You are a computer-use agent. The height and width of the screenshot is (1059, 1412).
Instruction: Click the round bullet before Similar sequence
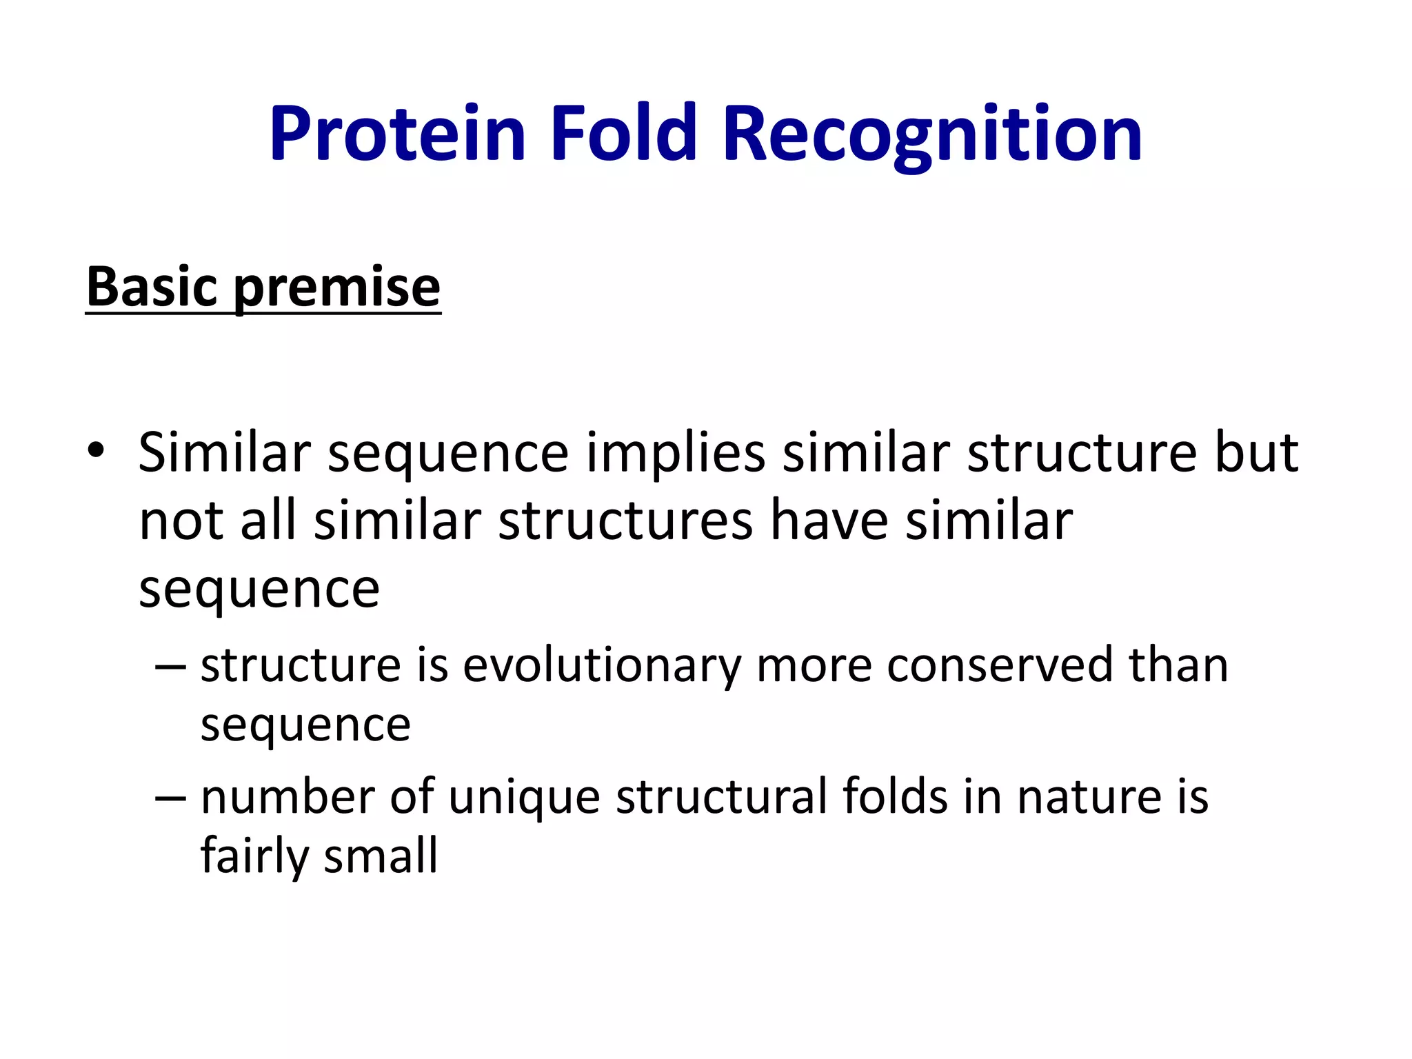click(x=96, y=451)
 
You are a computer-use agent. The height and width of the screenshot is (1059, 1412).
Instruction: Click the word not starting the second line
click(x=181, y=522)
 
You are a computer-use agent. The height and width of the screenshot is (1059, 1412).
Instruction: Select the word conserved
click(x=999, y=666)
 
